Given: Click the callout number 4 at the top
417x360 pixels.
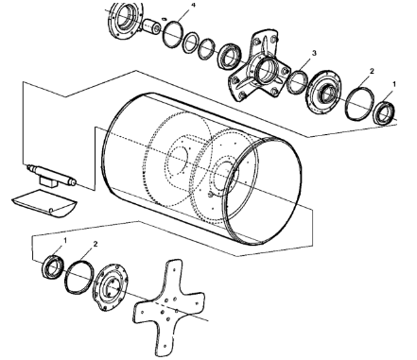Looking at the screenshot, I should (193, 6).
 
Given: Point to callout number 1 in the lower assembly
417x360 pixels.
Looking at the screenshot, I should (62, 241).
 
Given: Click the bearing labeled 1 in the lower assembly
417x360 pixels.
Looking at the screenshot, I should (49, 265).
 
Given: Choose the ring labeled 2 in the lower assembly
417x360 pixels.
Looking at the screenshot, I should (80, 278).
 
